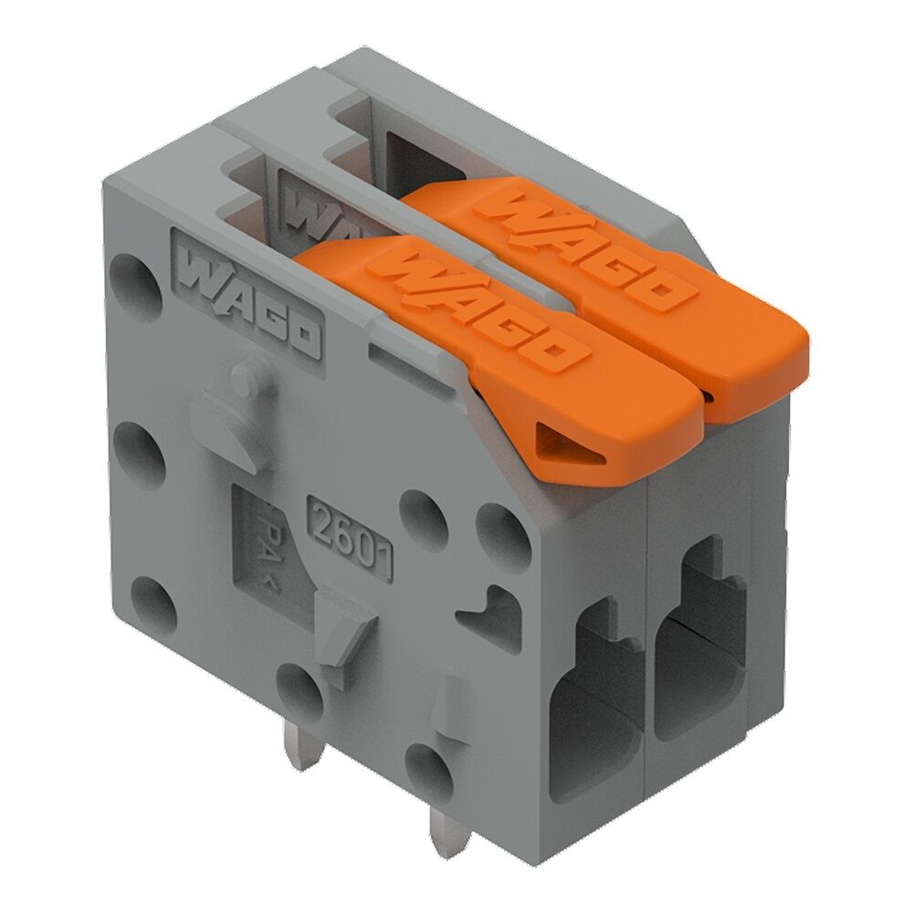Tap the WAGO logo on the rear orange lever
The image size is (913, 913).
[584, 251]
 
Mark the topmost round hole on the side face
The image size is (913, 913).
[134, 274]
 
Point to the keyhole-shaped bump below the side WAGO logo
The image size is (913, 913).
[245, 406]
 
